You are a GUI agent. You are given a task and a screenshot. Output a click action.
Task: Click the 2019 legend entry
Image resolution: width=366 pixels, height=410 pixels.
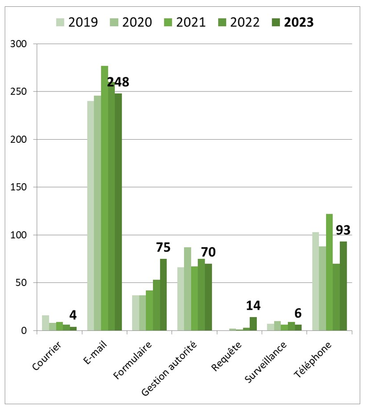pos(77,22)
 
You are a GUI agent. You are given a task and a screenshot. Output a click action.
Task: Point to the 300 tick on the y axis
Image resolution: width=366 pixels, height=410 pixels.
pos(19,44)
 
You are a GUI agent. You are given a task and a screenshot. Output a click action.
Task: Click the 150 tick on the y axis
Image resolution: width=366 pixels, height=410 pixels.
pos(19,187)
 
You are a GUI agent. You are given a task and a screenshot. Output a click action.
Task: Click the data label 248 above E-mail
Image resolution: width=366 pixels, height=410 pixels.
pos(118,82)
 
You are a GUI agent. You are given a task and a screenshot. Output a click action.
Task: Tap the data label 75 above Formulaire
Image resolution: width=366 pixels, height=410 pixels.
pos(163,248)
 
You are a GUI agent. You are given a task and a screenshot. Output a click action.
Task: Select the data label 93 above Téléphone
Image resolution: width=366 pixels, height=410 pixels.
pos(343,230)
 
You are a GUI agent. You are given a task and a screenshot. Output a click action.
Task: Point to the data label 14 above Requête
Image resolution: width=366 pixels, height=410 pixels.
pos(253,306)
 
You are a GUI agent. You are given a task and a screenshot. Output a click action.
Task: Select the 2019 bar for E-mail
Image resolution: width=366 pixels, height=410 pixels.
pos(91,216)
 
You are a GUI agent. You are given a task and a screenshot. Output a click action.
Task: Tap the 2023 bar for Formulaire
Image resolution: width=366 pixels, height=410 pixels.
pos(163,295)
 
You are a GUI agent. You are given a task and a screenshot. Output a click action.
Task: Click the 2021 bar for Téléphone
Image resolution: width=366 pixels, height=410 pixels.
pos(329,272)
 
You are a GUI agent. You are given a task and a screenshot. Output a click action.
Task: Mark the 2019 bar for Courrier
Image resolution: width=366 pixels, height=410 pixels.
pos(46,323)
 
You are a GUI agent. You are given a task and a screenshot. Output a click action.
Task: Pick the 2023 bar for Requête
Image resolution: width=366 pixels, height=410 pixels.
pos(253,324)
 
